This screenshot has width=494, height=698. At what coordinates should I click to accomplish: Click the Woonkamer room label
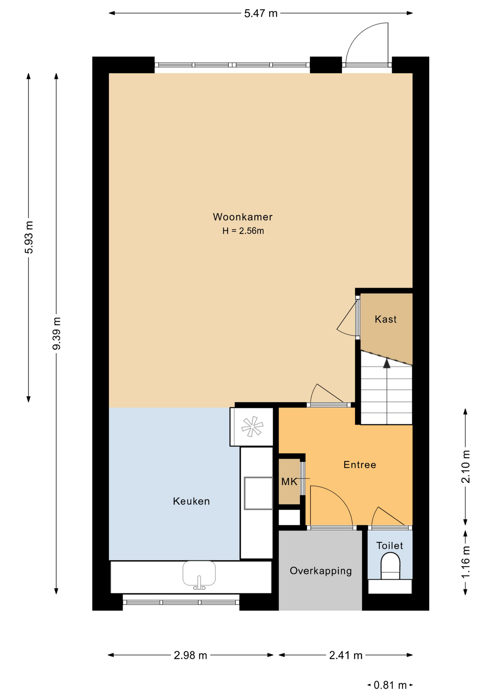pos(243,217)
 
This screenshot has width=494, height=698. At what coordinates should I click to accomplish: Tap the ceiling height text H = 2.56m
pos(243,231)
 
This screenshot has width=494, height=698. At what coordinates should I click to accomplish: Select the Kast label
pos(386,319)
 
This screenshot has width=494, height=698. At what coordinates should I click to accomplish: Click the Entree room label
pos(360,465)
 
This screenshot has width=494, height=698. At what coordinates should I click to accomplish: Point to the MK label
pos(289,482)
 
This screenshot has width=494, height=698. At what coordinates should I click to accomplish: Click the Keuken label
pos(191,501)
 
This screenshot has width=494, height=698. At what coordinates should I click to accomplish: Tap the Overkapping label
pos(320,571)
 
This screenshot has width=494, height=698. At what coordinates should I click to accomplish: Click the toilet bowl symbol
pos(390,566)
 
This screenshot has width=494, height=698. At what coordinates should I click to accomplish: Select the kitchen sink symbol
pos(199,575)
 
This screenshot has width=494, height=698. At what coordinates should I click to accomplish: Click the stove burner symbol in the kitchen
pos(252,426)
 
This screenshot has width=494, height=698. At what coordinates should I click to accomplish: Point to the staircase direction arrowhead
pos(387,363)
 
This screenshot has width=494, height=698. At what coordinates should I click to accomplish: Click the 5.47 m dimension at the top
pos(261,13)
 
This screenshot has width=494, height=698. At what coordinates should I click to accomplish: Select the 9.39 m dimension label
pos(56,333)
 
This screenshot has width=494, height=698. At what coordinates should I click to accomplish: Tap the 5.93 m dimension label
pos(29,237)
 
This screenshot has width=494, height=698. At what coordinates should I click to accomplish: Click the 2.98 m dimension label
pos(191,655)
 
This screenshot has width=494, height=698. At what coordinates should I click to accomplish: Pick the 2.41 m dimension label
pos(346,655)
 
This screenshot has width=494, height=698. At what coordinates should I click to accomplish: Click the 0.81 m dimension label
pos(390,685)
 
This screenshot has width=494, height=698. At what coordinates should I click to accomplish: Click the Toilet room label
pos(390,545)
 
